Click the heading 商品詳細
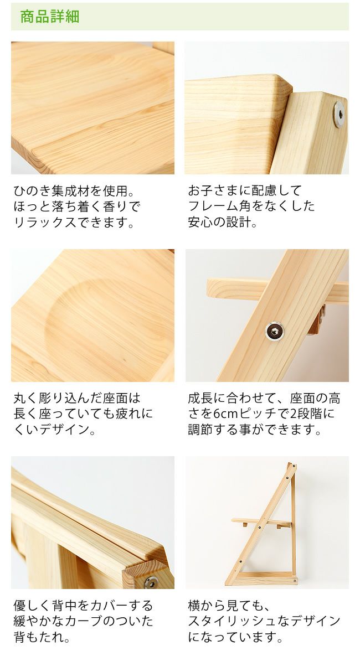pyautogui.click(x=50, y=17)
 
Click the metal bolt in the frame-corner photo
pyautogui.click(x=338, y=115)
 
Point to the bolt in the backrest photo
pyautogui.click(x=150, y=581)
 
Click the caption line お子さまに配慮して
pyautogui.click(x=245, y=192)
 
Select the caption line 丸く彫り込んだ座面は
pyautogui.click(x=77, y=399)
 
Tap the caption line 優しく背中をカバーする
pyautogui.click(x=83, y=606)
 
